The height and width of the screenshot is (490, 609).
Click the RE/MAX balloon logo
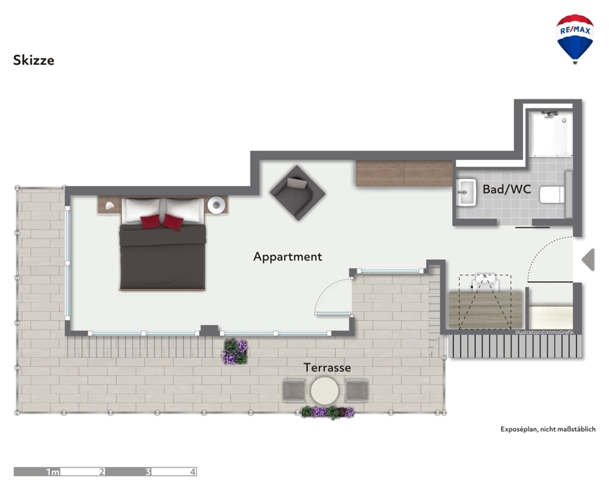point(575,39)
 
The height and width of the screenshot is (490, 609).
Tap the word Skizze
point(34,60)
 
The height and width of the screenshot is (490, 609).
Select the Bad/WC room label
point(506,189)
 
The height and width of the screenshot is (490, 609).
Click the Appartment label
point(288,257)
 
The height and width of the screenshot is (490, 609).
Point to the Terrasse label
point(327,367)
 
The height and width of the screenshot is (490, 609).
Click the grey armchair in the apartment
point(297,193)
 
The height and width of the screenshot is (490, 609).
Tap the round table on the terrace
point(324,391)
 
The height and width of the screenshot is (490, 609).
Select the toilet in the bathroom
point(552,195)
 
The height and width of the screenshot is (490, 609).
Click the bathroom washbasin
point(466,192)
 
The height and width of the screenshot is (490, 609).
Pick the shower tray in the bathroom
point(551,133)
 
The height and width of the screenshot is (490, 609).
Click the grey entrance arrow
point(588,260)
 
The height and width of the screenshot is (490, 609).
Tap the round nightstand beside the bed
point(216,205)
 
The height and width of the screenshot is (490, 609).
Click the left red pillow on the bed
point(151,222)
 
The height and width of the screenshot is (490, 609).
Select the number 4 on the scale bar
point(193,472)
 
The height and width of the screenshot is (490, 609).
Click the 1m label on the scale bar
point(53,472)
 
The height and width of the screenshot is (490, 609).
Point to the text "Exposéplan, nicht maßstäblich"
point(548,429)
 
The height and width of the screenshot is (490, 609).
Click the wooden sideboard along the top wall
point(404,173)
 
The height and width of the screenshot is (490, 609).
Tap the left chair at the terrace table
point(294,391)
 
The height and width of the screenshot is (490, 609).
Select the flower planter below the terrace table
point(327,412)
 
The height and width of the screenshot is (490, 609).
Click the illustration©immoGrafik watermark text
point(544,332)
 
